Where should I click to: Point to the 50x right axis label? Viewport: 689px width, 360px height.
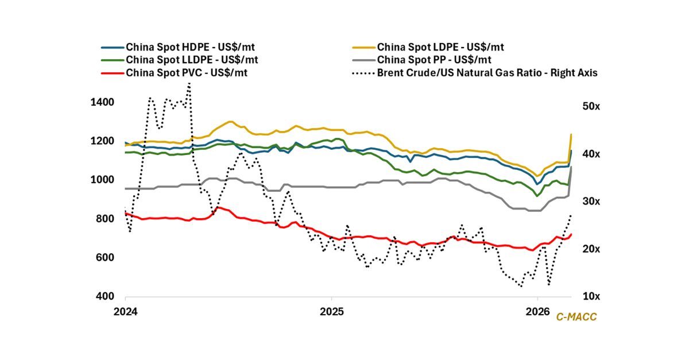pyautogui.click(x=592, y=107)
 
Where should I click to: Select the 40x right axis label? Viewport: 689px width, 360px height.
pyautogui.click(x=592, y=154)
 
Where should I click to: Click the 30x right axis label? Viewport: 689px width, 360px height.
pyautogui.click(x=592, y=202)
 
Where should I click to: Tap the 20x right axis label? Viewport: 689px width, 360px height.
pyautogui.click(x=592, y=249)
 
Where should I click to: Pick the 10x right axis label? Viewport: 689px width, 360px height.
pyautogui.click(x=592, y=297)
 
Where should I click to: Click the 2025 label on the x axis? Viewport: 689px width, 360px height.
pyautogui.click(x=331, y=312)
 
